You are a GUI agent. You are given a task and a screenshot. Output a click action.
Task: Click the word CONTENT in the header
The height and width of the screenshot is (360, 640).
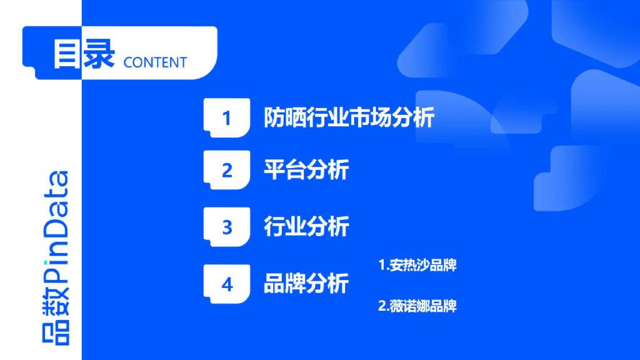tap(155, 62)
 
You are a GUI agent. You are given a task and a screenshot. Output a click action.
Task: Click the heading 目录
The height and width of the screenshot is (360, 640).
tap(84, 54)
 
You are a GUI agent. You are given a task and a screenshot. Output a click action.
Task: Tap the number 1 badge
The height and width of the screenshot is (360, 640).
tap(227, 117)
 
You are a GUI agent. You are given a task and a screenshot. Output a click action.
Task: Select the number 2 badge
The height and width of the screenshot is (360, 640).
tap(227, 170)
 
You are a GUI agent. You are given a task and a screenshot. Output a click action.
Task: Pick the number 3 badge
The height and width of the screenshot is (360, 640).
tap(227, 227)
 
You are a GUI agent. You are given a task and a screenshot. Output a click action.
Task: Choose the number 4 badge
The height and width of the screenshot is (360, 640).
tap(227, 284)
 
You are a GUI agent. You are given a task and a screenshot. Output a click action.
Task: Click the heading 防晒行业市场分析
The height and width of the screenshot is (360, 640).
tap(349, 117)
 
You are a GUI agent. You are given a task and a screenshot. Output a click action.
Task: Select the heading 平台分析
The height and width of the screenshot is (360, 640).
tap(306, 170)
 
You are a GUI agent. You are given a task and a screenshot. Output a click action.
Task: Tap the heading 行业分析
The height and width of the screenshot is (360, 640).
tap(306, 227)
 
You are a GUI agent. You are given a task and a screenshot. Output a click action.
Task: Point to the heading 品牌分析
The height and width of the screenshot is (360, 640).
tap(306, 284)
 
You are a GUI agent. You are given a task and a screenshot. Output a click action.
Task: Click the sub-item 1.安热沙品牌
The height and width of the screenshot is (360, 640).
tap(417, 265)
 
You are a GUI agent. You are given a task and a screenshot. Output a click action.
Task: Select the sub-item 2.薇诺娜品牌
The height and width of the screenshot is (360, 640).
tap(417, 306)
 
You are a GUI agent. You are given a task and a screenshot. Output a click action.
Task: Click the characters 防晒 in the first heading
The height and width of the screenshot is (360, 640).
tap(285, 117)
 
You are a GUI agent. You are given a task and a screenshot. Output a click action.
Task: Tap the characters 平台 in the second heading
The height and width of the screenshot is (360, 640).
tap(285, 170)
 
